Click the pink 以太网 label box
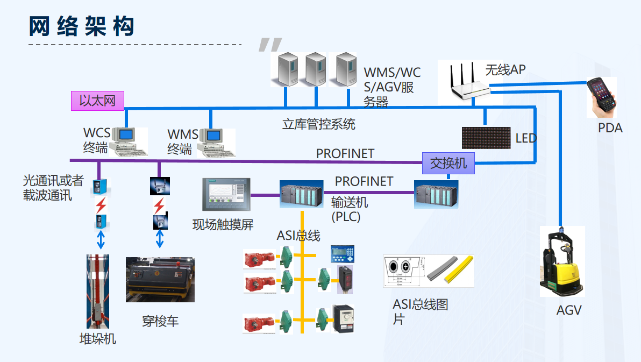pyautogui.click(x=97, y=101)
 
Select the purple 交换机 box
pyautogui.click(x=448, y=163)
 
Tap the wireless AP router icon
pyautogui.click(x=469, y=81)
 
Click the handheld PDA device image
pyautogui.click(x=601, y=96)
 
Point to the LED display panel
pyautogui.click(x=486, y=138)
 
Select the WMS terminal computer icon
pyautogui.click(x=216, y=143)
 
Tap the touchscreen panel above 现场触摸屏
pyautogui.click(x=226, y=194)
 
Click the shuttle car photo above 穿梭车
pyautogui.click(x=160, y=280)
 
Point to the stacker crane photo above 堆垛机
pyautogui.click(x=98, y=291)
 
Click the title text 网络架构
pyautogui.click(x=81, y=26)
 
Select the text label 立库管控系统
pyautogui.click(x=318, y=124)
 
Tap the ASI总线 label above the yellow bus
pyautogui.click(x=298, y=236)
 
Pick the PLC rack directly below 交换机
pyautogui.click(x=436, y=194)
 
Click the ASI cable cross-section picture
pyautogui.click(x=429, y=271)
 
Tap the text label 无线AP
pyautogui.click(x=505, y=70)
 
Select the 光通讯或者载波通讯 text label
pyautogui.click(x=53, y=188)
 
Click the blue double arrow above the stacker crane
pyautogui.click(x=101, y=240)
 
